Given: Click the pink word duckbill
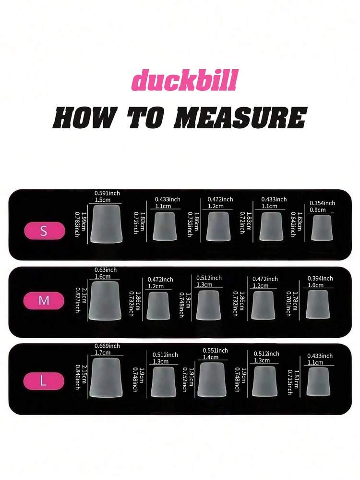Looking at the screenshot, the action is coord(185,80).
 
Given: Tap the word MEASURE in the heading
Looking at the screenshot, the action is coord(240,118).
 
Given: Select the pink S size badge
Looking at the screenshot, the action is coord(45,231).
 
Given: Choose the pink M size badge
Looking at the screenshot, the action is coord(44,301).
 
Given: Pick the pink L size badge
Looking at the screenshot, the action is coord(44,381).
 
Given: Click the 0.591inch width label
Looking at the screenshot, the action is coord(107,193).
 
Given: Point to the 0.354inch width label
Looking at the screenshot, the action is coord(322,203).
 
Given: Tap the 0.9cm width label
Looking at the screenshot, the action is coord(317,209).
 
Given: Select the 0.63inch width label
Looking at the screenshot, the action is coord(106,270).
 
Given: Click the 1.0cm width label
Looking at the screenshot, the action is coord(315,285).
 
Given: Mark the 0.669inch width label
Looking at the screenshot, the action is coord(107,346).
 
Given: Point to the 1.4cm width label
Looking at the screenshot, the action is coord(210,357).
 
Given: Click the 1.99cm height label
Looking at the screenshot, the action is coord(84,222).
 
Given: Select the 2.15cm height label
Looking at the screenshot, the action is coord(84,374).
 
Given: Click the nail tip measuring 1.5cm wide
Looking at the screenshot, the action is coord(106,224).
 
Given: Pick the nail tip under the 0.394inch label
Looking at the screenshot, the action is coord(317,304).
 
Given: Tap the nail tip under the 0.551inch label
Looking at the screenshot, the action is coord(212,379).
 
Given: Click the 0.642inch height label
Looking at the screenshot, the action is coord(293,224).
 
